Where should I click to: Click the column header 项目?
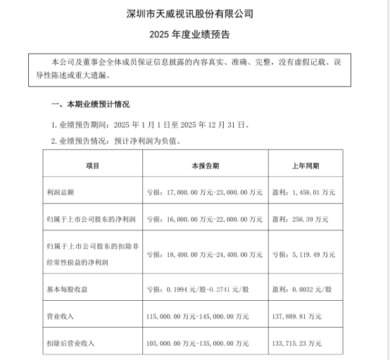92,166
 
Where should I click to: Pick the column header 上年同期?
305,166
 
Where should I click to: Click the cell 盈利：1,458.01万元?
304,192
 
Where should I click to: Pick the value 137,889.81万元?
297,316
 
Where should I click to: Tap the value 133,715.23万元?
297,343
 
